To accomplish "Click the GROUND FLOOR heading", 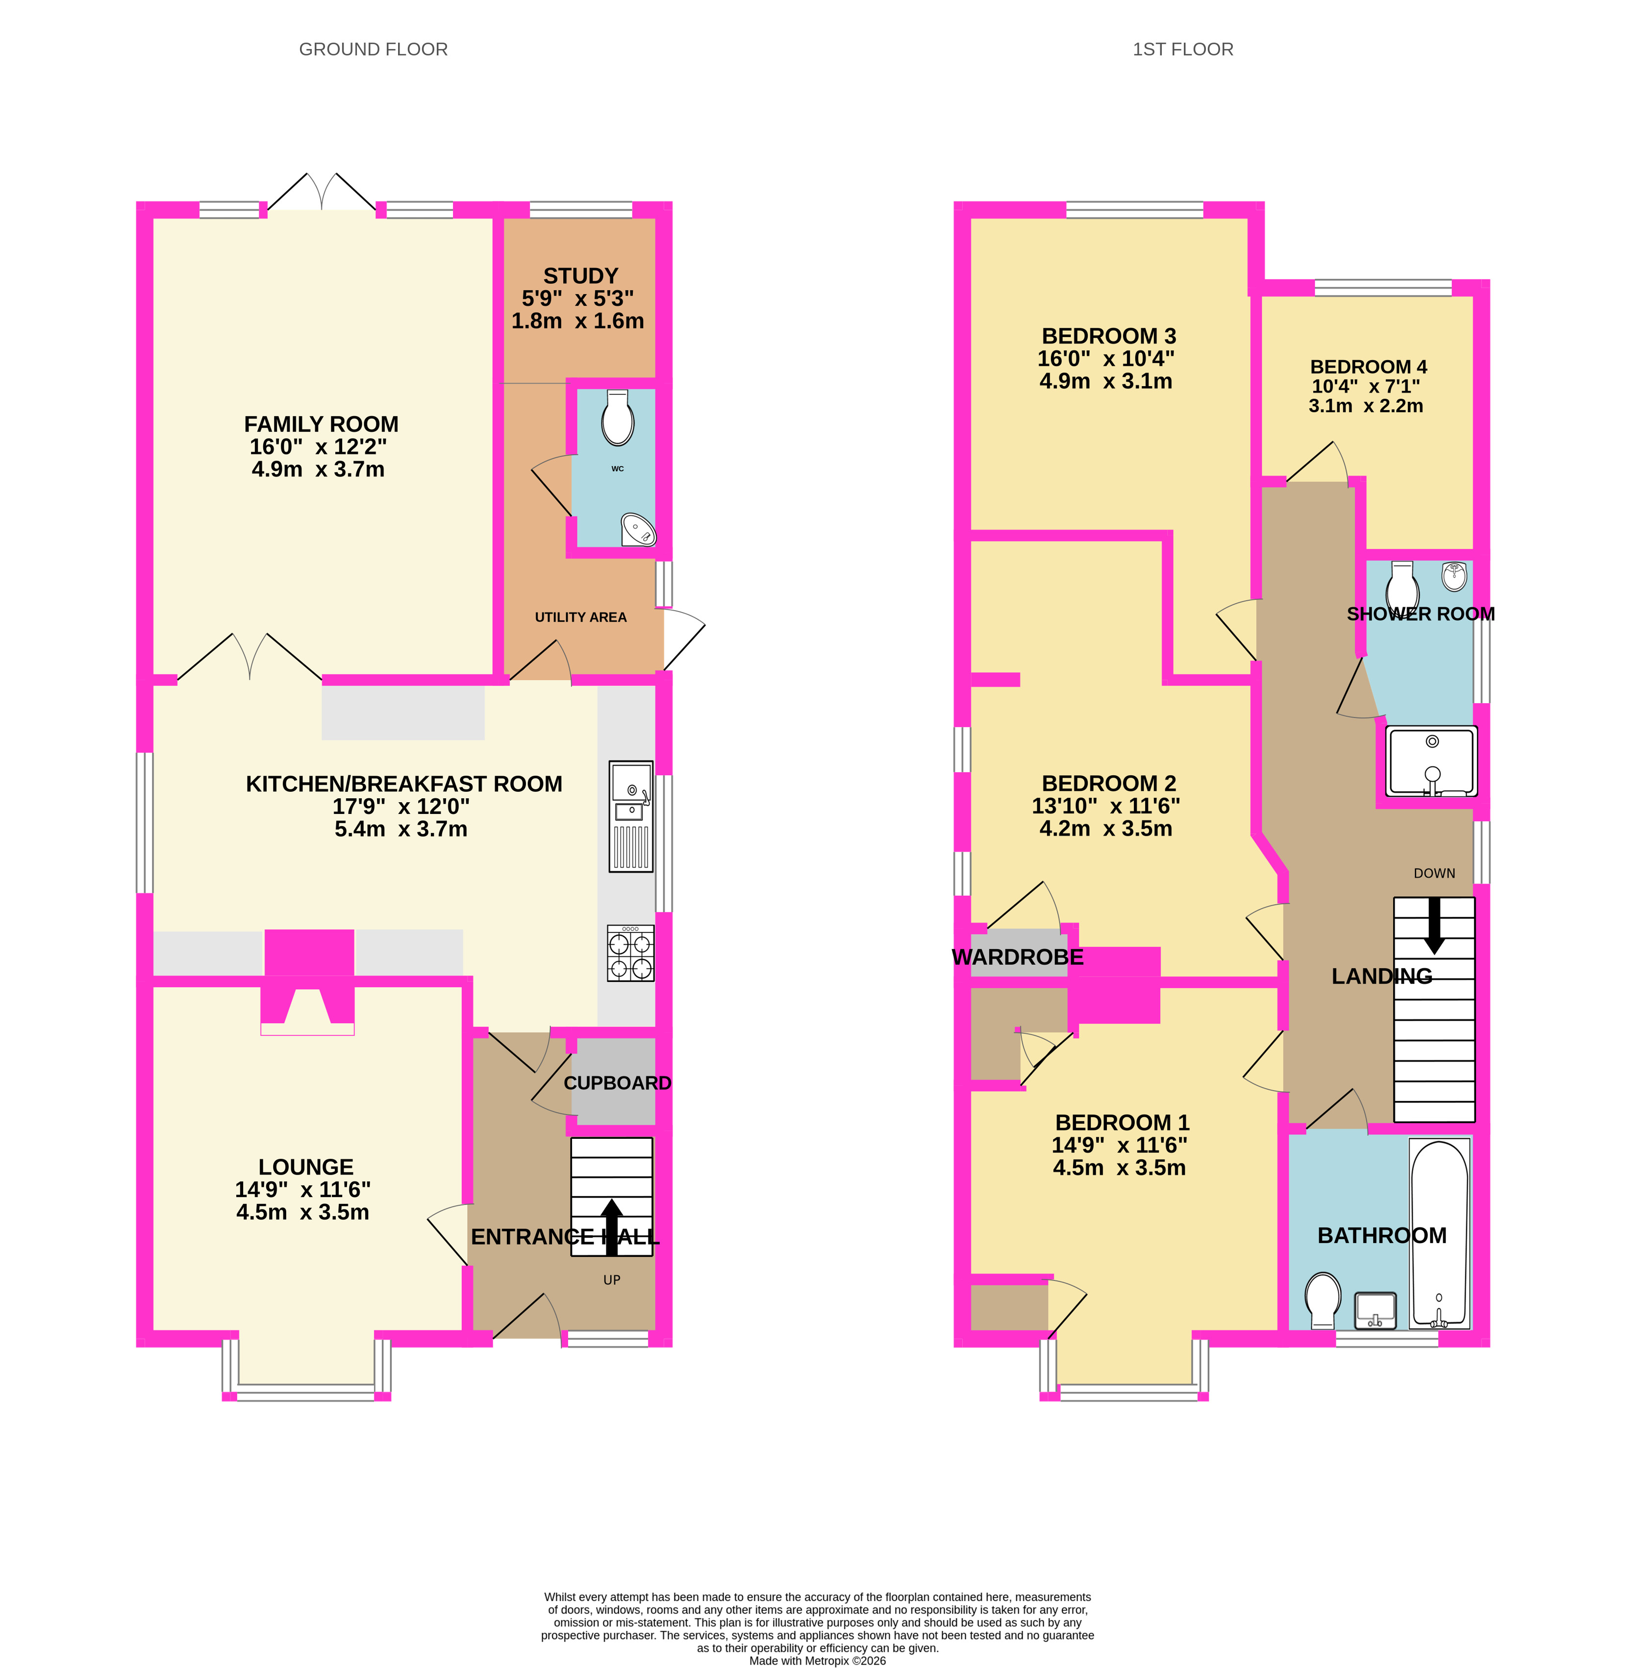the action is click(373, 49).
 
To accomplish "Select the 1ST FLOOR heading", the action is click(1183, 49).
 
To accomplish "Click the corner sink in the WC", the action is click(639, 529).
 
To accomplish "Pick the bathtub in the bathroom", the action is click(1440, 1233).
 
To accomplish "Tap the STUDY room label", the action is click(581, 276).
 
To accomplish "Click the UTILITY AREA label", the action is click(581, 617).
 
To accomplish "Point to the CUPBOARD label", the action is click(618, 1083).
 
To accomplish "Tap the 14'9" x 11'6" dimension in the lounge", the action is click(303, 1189).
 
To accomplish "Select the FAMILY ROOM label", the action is click(321, 424).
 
